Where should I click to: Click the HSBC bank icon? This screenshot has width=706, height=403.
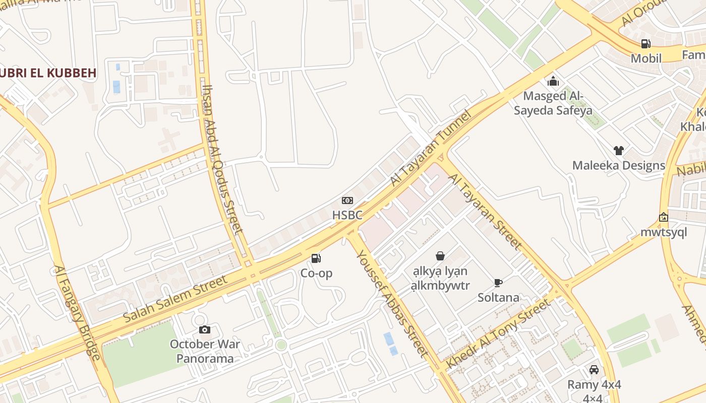(x=347, y=200)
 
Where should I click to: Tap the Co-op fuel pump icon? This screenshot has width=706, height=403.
(x=316, y=259)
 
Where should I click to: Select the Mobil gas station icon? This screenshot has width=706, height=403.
(x=645, y=44)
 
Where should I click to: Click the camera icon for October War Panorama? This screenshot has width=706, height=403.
(x=205, y=330)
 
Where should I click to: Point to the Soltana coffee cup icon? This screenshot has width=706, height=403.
(x=498, y=283)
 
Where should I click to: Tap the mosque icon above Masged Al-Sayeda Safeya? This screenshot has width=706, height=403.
(x=553, y=81)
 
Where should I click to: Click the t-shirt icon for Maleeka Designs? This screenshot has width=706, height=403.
(x=619, y=150)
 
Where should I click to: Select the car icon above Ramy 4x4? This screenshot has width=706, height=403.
(x=594, y=370)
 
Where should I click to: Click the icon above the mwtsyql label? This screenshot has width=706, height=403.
(x=664, y=218)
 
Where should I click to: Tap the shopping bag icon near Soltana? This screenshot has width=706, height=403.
(x=440, y=256)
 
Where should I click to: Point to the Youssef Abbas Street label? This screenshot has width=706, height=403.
(x=392, y=303)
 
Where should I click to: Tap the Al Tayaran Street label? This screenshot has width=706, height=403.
(x=485, y=212)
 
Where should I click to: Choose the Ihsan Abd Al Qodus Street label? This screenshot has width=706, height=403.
(x=222, y=159)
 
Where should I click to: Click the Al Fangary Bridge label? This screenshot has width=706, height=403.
(x=77, y=313)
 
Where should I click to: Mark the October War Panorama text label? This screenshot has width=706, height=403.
(x=205, y=352)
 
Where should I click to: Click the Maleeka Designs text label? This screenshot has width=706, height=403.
(x=619, y=165)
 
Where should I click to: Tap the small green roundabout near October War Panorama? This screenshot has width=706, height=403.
(x=281, y=345)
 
